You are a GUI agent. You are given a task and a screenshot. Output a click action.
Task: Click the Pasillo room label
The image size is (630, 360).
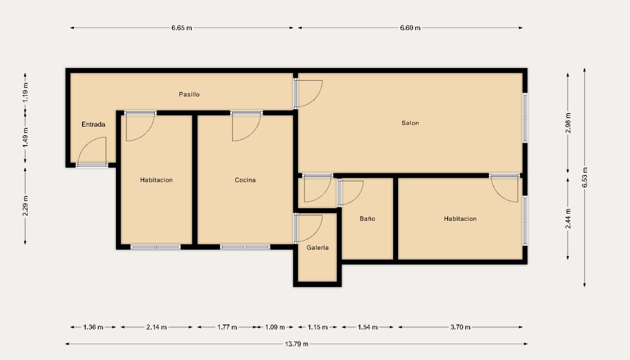point(189,94)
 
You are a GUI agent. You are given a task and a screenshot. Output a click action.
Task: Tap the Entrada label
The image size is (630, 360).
point(94,124)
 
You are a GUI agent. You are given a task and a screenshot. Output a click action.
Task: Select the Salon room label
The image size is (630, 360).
point(410,123)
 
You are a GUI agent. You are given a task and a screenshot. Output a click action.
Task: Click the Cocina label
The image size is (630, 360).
point(245,180)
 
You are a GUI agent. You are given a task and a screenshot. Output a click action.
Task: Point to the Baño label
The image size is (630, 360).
point(367,219)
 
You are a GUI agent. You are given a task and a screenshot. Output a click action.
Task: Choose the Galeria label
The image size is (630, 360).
point(318,247)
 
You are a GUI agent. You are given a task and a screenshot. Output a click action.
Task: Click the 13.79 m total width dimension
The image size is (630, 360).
point(296,343)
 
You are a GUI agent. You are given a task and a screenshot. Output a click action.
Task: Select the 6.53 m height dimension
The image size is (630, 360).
point(584,178)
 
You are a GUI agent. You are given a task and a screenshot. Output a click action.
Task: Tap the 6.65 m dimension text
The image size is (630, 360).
point(181,28)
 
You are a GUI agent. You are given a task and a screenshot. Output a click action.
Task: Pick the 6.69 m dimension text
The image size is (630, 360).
point(410,28)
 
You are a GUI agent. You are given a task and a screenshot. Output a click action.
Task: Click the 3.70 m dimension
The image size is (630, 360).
point(460,327)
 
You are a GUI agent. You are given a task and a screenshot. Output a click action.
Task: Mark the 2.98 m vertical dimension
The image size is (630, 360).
point(567,123)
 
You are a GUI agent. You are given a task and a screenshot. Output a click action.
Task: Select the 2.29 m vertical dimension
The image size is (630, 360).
point(25,205)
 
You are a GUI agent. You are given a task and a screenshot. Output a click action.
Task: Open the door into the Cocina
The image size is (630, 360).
point(246,127)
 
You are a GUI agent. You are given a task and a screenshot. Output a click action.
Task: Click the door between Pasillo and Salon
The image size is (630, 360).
point(308,94)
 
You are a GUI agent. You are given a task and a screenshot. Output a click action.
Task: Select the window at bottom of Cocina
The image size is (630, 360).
point(245,247)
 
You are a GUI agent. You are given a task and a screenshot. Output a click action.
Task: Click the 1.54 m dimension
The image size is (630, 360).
point(368,327)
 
